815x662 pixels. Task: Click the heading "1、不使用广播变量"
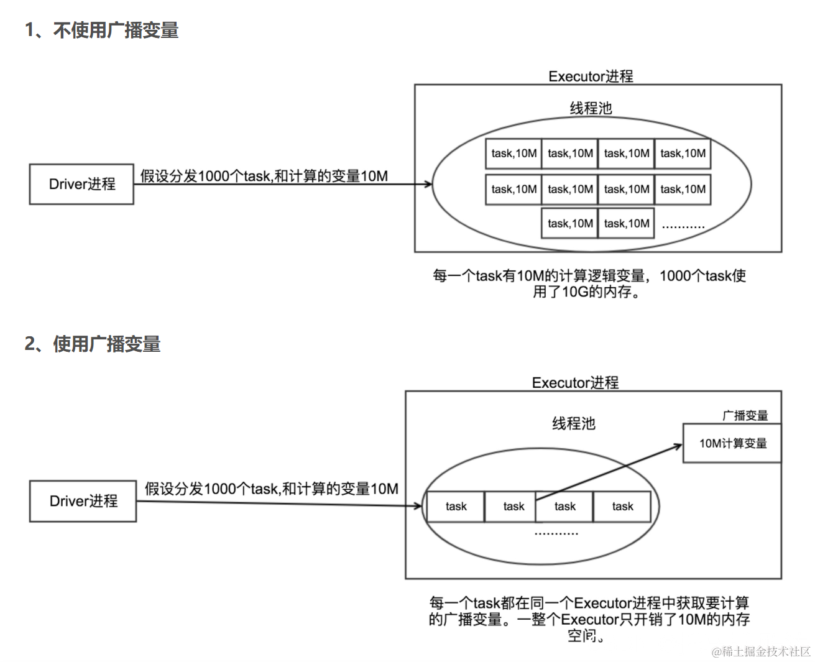click(x=101, y=30)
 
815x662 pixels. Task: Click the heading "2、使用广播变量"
click(x=93, y=344)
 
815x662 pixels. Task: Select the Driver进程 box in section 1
click(x=81, y=184)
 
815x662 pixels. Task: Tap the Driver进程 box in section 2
click(x=83, y=501)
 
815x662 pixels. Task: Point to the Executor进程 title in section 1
click(x=591, y=76)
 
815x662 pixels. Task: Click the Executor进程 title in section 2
click(x=575, y=383)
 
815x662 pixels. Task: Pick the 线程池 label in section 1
click(x=591, y=108)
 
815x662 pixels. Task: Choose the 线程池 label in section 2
click(x=573, y=424)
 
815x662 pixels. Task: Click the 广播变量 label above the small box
click(x=745, y=416)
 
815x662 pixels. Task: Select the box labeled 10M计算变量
click(x=732, y=443)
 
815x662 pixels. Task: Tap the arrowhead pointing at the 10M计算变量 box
click(x=678, y=446)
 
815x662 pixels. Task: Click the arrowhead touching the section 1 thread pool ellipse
click(x=428, y=184)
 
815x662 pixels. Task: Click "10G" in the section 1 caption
click(x=574, y=292)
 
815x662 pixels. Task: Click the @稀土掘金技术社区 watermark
click(x=761, y=651)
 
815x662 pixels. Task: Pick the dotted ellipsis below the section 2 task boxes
click(x=556, y=533)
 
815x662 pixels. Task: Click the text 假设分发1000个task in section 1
click(x=205, y=177)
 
